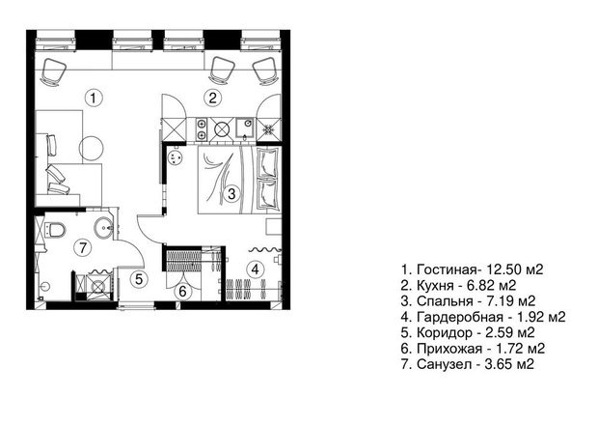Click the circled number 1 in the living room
[x=94, y=99]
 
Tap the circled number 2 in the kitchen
[x=213, y=98]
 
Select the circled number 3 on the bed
[x=231, y=193]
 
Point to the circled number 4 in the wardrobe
[x=256, y=269]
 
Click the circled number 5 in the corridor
[x=139, y=279]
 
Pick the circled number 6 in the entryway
[x=182, y=292]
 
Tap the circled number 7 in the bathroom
[x=83, y=248]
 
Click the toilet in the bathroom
[x=55, y=230]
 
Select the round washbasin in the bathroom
[x=104, y=228]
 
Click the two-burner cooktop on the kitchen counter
[x=201, y=128]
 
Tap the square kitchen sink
[x=245, y=127]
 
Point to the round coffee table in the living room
[x=92, y=149]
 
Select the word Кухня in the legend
[x=435, y=285]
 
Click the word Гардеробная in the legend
[x=460, y=317]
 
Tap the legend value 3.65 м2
[x=509, y=364]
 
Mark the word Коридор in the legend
[x=445, y=332]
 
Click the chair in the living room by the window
[x=53, y=71]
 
